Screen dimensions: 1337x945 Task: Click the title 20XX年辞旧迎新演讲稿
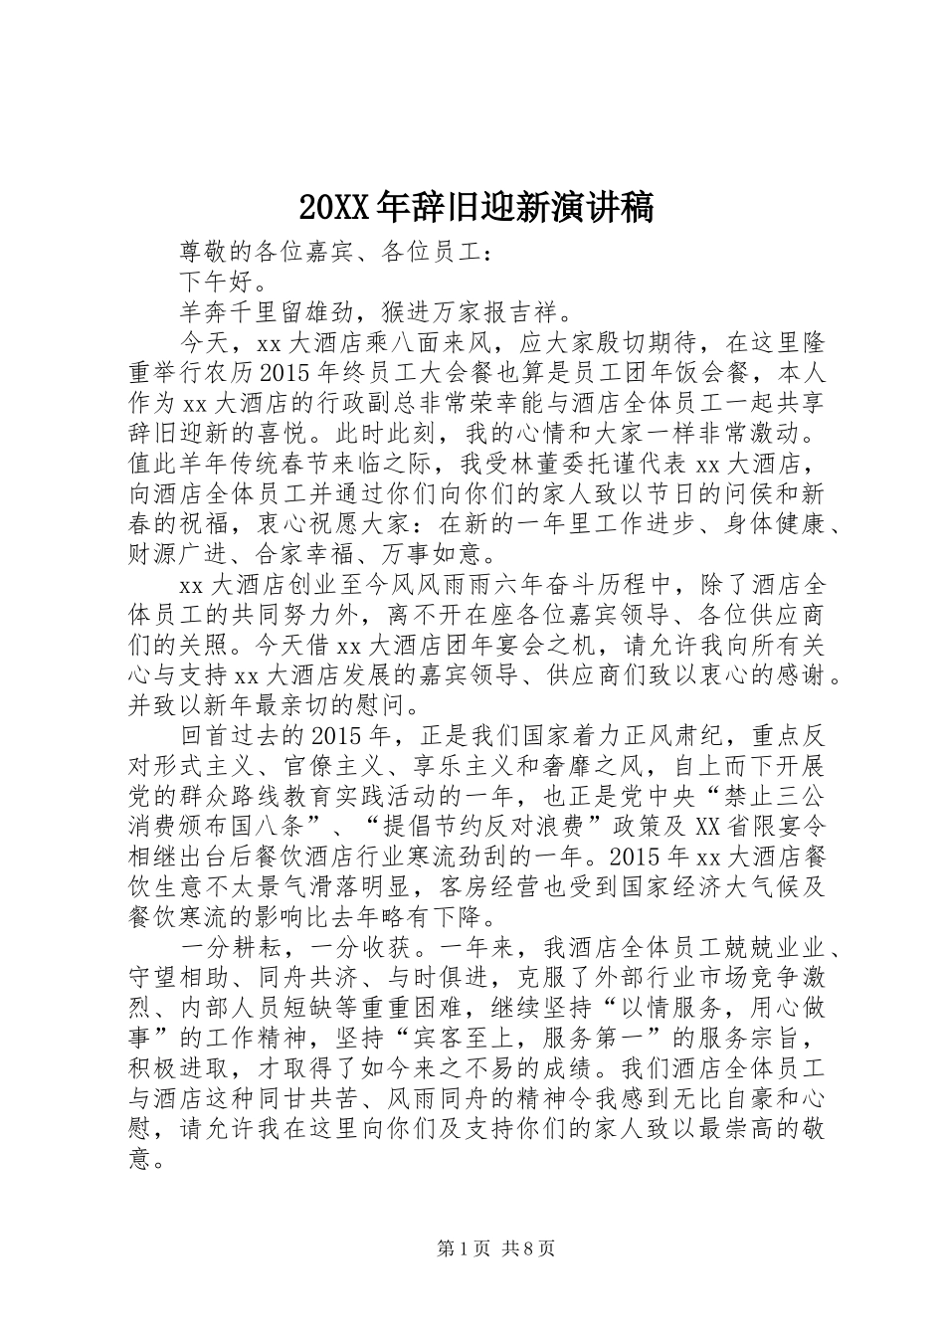tap(474, 207)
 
